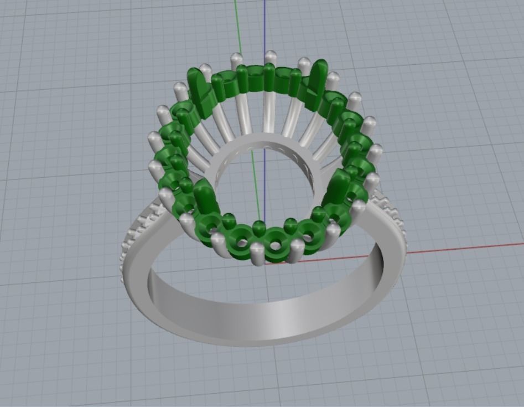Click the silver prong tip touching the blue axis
pyautogui.click(x=271, y=57)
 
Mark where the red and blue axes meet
pyautogui.click(x=265, y=262)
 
